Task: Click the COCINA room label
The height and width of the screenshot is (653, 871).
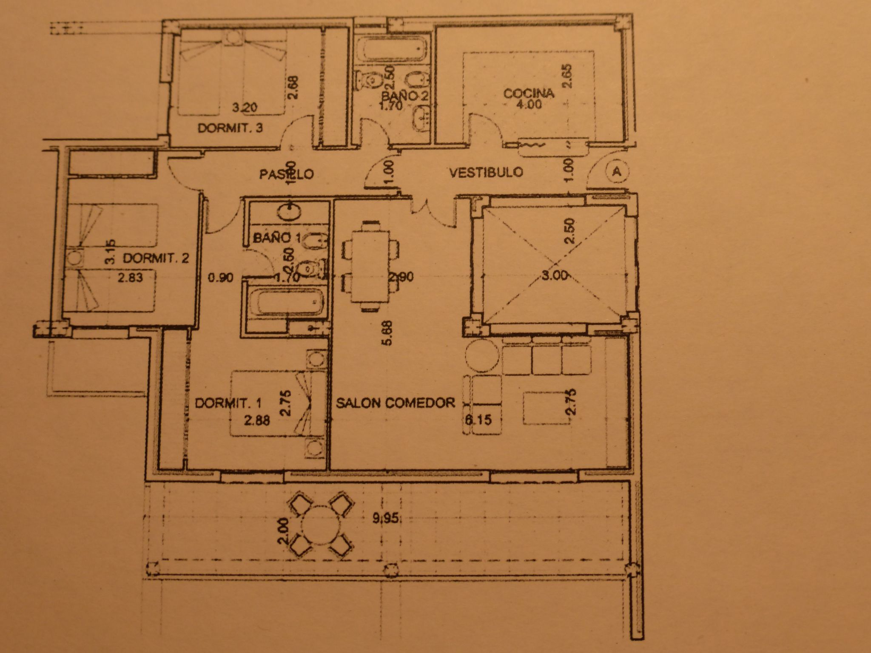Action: pos(529,94)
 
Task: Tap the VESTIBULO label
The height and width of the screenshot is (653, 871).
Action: pos(486,172)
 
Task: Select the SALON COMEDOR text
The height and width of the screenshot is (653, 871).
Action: pos(396,403)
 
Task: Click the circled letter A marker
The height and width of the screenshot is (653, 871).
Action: pos(616,171)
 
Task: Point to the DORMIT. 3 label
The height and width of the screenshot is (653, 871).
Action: pos(230,128)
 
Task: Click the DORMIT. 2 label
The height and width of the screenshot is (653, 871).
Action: pos(156,258)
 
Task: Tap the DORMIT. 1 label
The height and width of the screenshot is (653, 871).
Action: pos(228,403)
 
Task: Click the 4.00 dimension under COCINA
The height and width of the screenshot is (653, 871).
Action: pos(529,105)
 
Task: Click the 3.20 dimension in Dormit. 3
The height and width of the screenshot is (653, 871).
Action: pos(245,108)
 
